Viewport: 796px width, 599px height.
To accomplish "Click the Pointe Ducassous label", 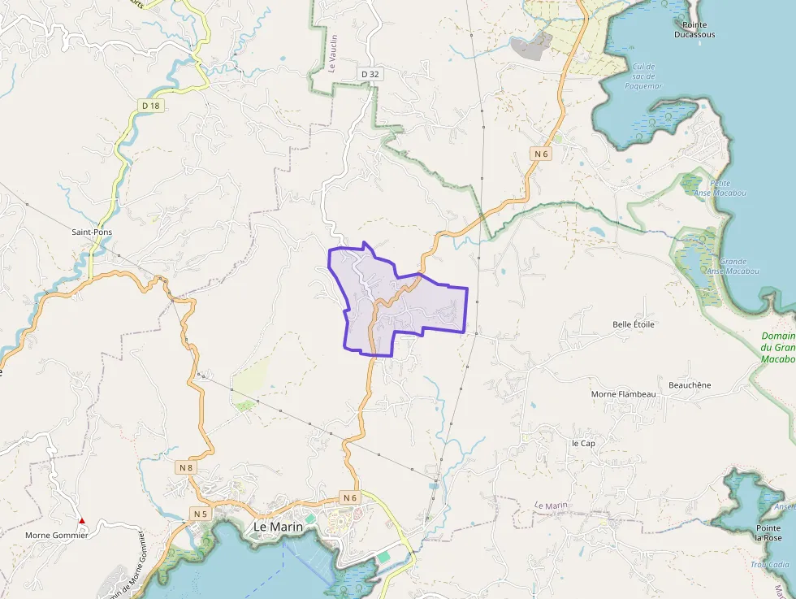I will click(694, 30).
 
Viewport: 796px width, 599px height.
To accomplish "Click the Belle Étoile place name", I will click(634, 324).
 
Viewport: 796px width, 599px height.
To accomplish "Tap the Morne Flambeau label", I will click(623, 394).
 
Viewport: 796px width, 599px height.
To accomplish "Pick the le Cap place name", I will click(583, 444).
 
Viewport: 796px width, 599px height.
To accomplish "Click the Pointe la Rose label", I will click(768, 532).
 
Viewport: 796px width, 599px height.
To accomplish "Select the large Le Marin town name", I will click(278, 527).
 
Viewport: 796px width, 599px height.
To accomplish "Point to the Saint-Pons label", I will click(92, 232).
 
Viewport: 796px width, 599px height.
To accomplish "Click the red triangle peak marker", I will click(81, 520).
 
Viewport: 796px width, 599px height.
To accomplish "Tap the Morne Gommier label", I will click(56, 535).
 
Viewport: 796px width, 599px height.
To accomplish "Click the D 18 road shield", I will click(149, 106).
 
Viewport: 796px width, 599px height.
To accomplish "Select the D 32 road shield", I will click(370, 74).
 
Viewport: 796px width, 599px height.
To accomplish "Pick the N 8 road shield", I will click(185, 467).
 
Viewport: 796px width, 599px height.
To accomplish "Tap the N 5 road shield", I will click(200, 514).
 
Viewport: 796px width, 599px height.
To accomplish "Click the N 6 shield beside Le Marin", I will click(350, 497).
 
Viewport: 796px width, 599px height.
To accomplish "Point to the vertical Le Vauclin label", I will click(333, 53).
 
